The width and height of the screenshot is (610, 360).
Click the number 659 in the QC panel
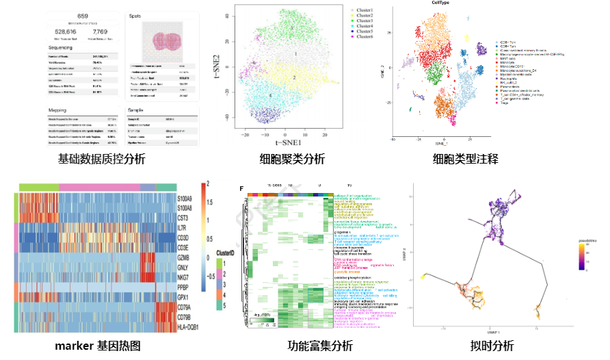point(83,16)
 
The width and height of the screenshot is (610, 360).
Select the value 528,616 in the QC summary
point(67,31)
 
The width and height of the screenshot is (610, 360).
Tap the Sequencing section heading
point(66,49)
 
